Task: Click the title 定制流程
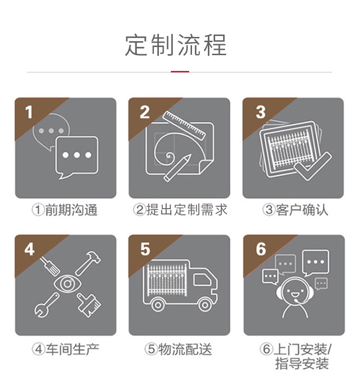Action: click(176, 45)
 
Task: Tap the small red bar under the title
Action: click(180, 71)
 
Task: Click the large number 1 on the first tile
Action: click(29, 112)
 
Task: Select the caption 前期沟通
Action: click(71, 210)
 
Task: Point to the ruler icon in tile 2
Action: click(184, 125)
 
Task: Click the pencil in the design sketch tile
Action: click(177, 167)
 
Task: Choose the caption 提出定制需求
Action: click(187, 210)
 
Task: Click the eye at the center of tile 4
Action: click(67, 283)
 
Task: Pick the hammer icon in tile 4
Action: click(88, 263)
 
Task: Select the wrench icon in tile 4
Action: click(47, 306)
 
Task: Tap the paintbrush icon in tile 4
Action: click(89, 305)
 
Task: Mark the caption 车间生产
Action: click(72, 349)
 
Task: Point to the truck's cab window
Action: click(202, 280)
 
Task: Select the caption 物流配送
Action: click(185, 349)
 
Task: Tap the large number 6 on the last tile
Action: click(261, 249)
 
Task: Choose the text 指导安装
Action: click(302, 364)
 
